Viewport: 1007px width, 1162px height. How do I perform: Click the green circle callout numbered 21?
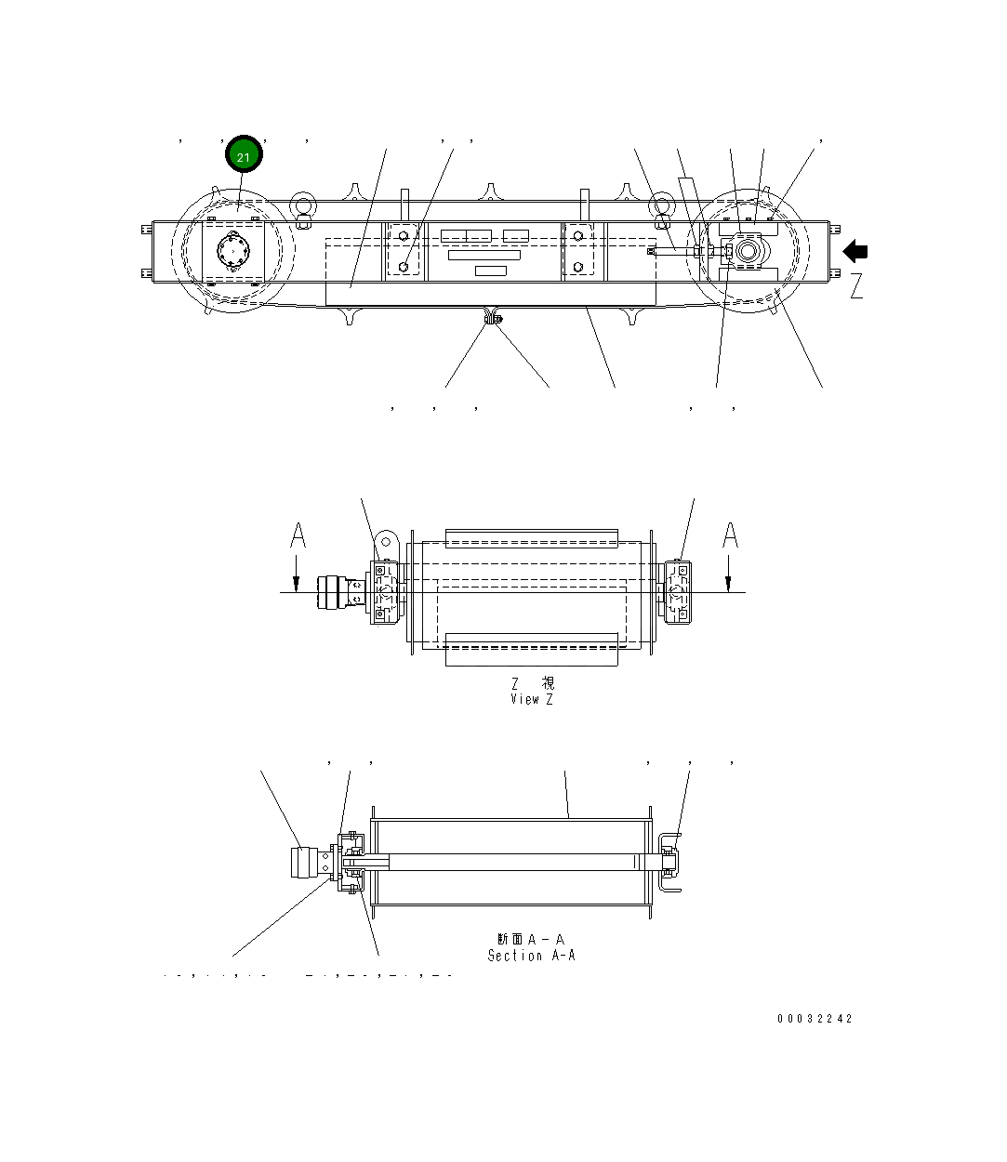tap(244, 156)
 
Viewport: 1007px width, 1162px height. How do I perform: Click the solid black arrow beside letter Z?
tap(855, 252)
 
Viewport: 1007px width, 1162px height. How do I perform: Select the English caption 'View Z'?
tap(531, 699)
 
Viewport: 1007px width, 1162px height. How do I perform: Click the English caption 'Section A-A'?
tap(531, 956)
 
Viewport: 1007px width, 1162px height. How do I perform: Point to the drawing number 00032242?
tap(815, 1019)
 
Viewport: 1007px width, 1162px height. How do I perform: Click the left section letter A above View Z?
tap(298, 536)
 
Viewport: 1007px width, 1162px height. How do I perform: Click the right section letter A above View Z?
tap(731, 536)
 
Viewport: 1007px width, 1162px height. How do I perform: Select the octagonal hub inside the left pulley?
tap(232, 251)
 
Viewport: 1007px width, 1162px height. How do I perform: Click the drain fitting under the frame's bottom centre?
tap(491, 320)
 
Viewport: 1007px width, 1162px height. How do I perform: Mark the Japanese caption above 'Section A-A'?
tap(531, 940)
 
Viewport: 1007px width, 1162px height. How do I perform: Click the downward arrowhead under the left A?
tap(296, 583)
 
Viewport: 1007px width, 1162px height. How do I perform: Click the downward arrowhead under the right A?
tap(729, 583)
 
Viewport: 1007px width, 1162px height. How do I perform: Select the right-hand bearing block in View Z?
tap(678, 591)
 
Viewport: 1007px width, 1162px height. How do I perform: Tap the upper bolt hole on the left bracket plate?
tap(403, 236)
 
